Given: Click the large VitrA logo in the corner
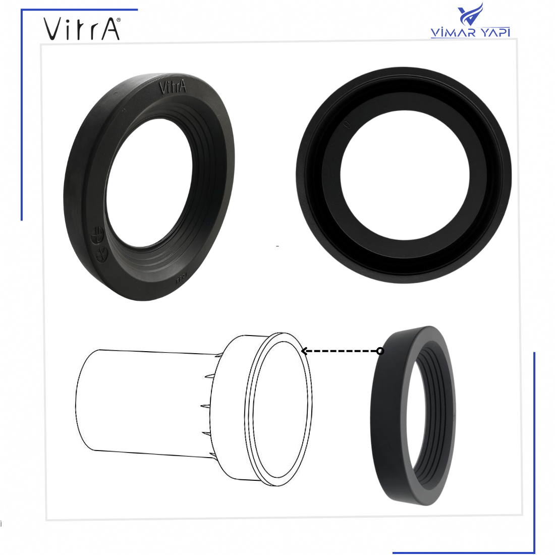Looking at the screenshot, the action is pos(82,29).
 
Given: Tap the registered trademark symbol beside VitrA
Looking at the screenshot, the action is pos(118,20).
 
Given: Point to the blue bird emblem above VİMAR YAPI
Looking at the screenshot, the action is pos(470,14).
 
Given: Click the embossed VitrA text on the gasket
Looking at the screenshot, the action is pos(173,87).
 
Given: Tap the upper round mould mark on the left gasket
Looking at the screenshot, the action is pos(97,235).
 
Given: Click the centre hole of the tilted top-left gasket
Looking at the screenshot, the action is pos(149,182).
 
